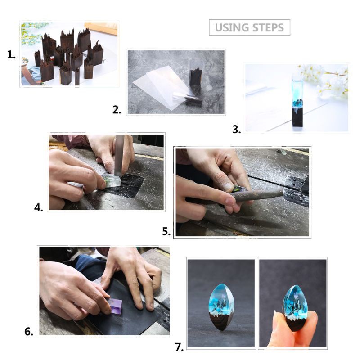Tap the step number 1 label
(11, 55)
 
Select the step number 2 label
(117, 109)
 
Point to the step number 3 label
(237, 130)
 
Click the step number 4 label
(39, 207)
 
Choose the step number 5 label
(166, 232)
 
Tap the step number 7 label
(180, 347)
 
